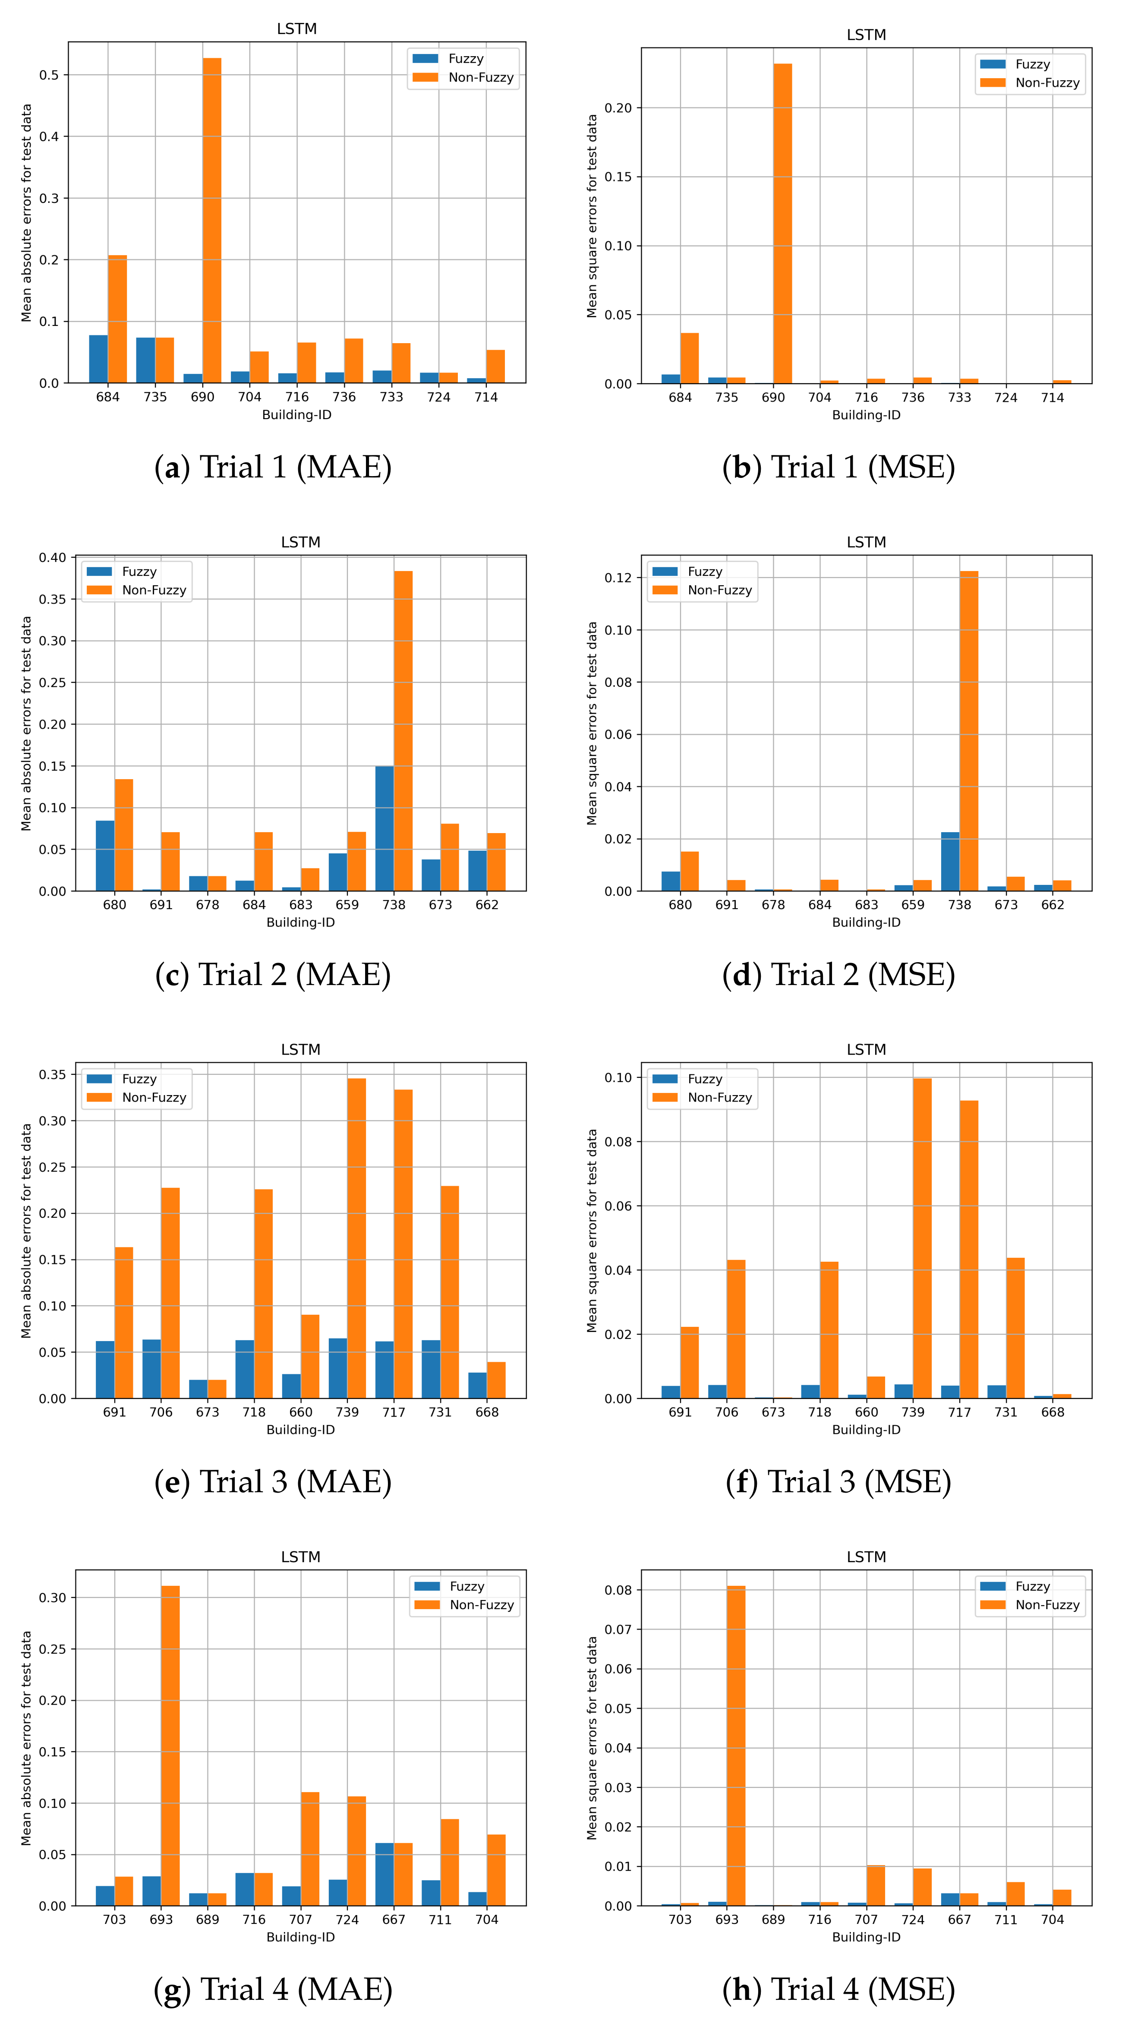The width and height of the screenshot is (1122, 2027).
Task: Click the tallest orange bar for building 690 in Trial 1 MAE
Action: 211,220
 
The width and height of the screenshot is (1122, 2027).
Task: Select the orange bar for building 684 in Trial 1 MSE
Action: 689,358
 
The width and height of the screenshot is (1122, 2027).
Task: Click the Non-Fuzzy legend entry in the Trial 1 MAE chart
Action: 480,77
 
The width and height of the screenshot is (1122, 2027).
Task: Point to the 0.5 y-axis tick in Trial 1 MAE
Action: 49,75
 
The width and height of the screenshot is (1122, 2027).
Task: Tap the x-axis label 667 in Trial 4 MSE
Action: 959,1919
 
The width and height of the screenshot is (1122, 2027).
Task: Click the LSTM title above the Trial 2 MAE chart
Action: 300,542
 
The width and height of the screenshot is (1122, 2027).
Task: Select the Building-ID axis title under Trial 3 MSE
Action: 866,1429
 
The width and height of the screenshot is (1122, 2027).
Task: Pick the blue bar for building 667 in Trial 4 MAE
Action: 384,1874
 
